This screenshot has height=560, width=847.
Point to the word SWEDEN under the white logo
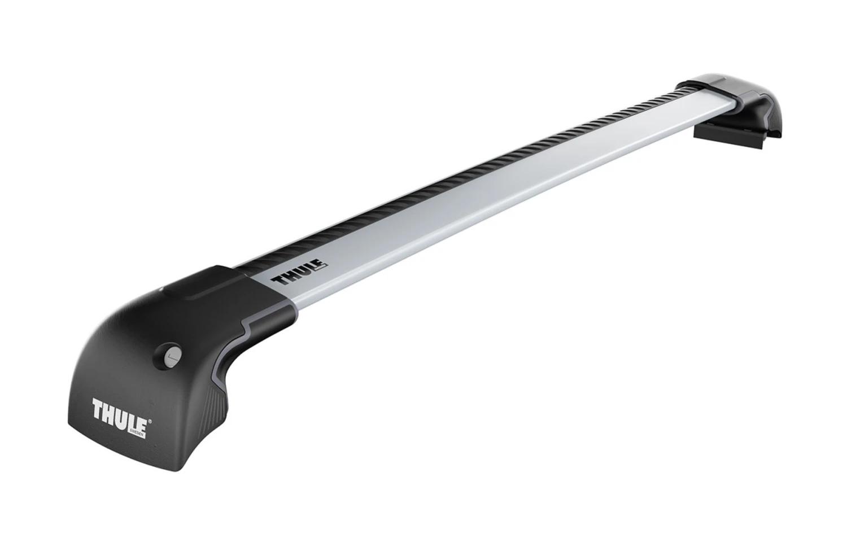tap(138, 419)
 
